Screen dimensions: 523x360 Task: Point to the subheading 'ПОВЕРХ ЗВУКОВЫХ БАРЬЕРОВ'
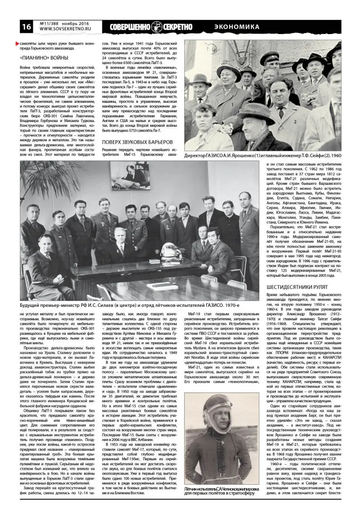(138, 142)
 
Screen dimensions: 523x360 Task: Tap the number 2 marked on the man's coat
(295, 122)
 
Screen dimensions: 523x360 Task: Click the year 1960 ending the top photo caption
(336, 156)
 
